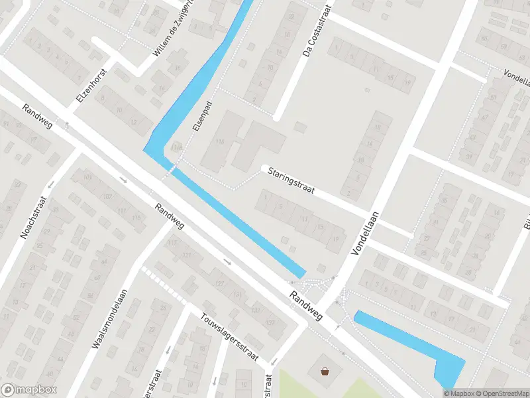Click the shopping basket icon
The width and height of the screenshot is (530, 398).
325,372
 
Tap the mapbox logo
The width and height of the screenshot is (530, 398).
29,390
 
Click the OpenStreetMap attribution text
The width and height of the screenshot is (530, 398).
502,393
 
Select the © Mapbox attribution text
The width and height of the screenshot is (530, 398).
458,393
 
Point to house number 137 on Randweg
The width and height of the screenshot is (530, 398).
270,322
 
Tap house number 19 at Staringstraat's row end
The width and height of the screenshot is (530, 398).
336,239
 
